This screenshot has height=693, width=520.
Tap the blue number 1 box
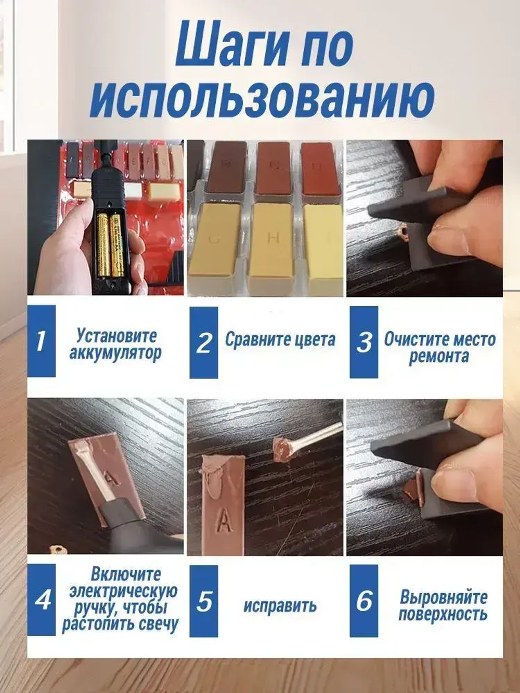(41, 341)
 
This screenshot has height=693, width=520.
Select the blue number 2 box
(204, 342)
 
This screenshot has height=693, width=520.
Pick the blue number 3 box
(363, 342)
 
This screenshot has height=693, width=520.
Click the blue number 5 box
(204, 600)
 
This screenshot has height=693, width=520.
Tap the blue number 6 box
(363, 600)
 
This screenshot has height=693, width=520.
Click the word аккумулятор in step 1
(115, 354)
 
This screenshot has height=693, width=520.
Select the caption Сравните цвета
(280, 339)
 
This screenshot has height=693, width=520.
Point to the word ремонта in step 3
(439, 357)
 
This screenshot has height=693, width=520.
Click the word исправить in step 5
(280, 606)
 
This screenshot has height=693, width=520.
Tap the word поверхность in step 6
(443, 614)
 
